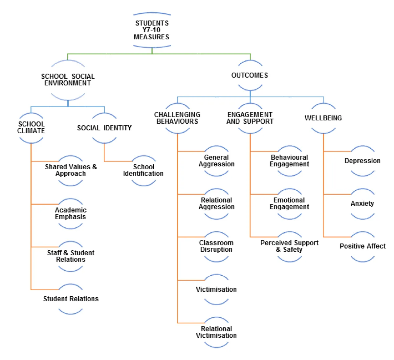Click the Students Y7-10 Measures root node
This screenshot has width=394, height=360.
pyautogui.click(x=152, y=30)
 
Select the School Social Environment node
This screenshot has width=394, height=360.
pyautogui.click(x=68, y=80)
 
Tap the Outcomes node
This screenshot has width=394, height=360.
pyautogui.click(x=250, y=75)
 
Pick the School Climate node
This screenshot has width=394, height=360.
pyautogui.click(x=31, y=128)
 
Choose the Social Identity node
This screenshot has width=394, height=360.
pyautogui.click(x=104, y=128)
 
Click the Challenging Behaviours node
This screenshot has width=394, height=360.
pyautogui.click(x=177, y=118)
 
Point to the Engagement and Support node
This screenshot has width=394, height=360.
pyautogui.click(x=250, y=118)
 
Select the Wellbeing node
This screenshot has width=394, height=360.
pyautogui.click(x=323, y=118)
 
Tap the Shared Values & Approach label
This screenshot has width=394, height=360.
pyautogui.click(x=71, y=170)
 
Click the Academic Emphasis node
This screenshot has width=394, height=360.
pyautogui.click(x=71, y=213)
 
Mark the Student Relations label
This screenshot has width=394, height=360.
pyautogui.click(x=71, y=299)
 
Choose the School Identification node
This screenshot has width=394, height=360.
pyautogui.click(x=143, y=170)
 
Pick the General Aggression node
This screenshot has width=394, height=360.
pyautogui.click(x=216, y=161)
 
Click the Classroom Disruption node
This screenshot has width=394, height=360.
pyautogui.click(x=216, y=246)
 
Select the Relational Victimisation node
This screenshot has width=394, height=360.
pyautogui.click(x=216, y=332)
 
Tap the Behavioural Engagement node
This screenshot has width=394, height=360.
pyautogui.click(x=289, y=161)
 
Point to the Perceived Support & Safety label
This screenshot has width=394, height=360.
pyautogui.click(x=289, y=246)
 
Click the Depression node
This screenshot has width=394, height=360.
pyautogui.click(x=362, y=161)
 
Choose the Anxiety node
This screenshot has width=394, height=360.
pyautogui.click(x=362, y=203)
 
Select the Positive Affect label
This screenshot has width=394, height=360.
pyautogui.click(x=362, y=246)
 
